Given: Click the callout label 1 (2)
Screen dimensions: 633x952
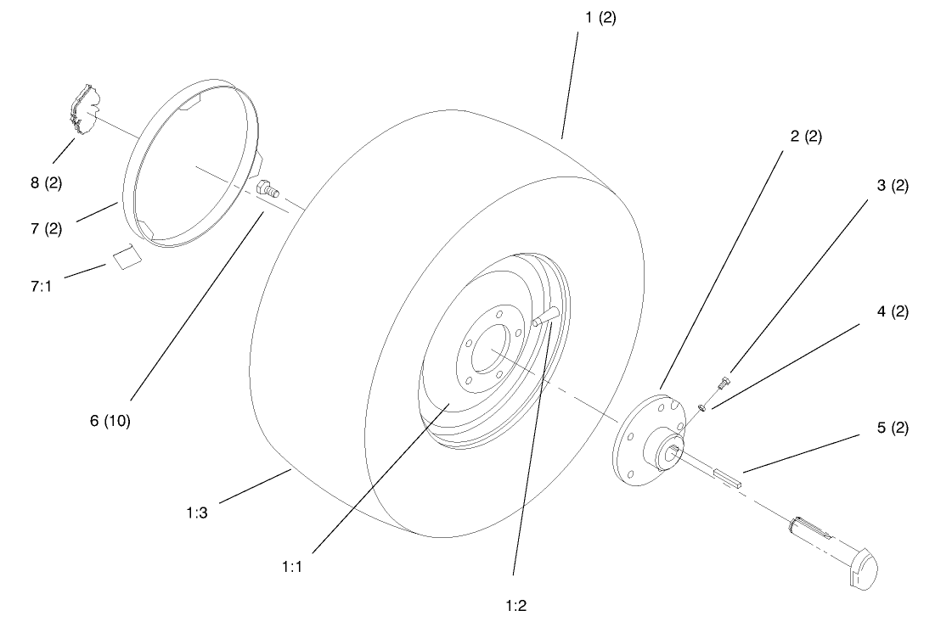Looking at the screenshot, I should [x=600, y=18].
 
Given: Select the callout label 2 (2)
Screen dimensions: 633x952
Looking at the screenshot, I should [x=806, y=136].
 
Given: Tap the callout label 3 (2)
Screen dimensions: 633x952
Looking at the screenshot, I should [x=893, y=186].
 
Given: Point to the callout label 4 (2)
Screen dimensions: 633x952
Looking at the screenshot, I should [x=893, y=311].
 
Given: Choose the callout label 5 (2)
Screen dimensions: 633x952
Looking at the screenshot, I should [x=893, y=428].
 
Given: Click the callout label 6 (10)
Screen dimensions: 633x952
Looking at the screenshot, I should [x=110, y=421].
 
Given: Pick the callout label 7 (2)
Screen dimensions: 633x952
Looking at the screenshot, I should [x=46, y=229].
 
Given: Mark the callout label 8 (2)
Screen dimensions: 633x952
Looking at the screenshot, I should [x=46, y=182].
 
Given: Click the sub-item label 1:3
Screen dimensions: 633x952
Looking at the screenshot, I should [x=197, y=513].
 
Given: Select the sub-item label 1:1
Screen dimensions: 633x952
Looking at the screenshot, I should [x=292, y=565].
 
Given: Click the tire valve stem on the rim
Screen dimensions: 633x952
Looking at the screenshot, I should [x=543, y=318].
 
